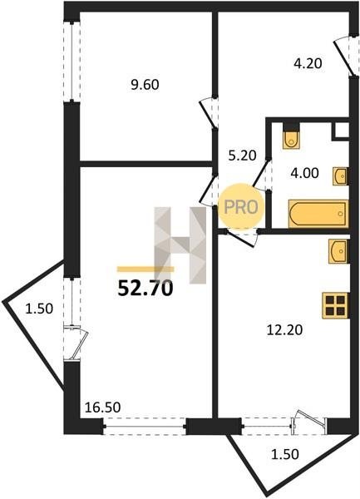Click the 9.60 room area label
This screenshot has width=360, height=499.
tap(145, 86)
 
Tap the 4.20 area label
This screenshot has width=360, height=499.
tap(308, 64)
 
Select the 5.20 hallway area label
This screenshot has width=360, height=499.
tap(242, 156)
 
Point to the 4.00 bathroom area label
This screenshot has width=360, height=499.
tap(304, 174)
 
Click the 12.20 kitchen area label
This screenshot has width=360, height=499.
tap(284, 330)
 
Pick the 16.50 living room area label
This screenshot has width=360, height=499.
tap(103, 407)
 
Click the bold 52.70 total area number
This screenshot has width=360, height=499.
tap(145, 289)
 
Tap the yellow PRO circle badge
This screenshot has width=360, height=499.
tap(241, 207)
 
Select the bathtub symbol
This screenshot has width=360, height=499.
tap(318, 214)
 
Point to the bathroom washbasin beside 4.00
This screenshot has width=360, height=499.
tap(341, 176)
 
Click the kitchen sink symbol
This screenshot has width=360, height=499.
tap(339, 251)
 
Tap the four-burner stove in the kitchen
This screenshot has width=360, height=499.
tap(336, 305)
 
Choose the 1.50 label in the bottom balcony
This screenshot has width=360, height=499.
tap(284, 454)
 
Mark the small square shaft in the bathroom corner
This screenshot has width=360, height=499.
tap(341, 130)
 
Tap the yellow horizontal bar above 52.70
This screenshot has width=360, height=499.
tap(145, 269)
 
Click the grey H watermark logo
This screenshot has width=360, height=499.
tap(180, 245)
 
